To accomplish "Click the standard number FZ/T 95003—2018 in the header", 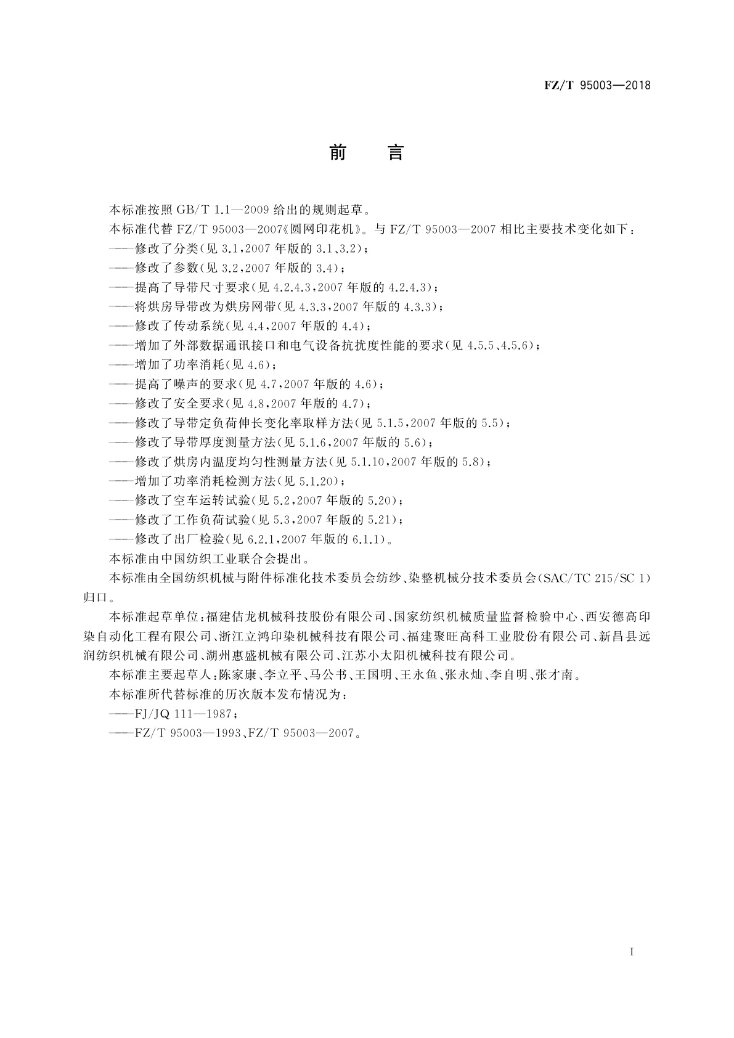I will click(x=597, y=86).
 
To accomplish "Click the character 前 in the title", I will click(x=337, y=152).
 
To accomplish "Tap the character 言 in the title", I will click(x=395, y=152).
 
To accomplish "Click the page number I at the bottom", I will click(x=632, y=952).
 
